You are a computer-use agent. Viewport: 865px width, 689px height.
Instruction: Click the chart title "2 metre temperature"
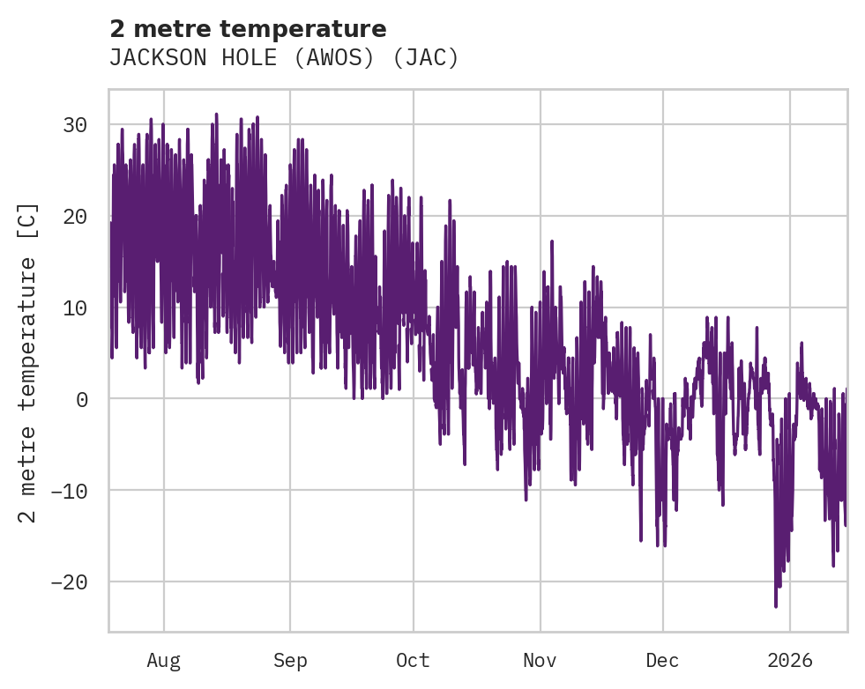(x=248, y=29)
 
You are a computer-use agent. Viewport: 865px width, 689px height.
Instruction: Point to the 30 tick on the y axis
(x=75, y=125)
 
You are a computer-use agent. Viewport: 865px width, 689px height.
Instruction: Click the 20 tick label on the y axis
(x=75, y=217)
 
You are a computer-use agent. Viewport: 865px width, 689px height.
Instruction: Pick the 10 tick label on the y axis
(x=75, y=307)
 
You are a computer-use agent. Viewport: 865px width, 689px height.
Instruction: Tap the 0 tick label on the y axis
(x=81, y=399)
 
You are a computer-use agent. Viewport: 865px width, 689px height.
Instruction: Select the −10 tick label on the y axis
(x=69, y=491)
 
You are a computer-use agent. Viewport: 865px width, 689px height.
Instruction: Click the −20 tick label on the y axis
(x=69, y=582)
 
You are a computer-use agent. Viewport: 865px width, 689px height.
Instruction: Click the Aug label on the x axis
(x=163, y=660)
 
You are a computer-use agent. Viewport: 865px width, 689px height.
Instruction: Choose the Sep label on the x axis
(x=289, y=660)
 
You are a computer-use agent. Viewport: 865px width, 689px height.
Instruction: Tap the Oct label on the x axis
(x=413, y=660)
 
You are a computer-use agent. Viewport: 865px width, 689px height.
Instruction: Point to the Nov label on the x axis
(x=540, y=660)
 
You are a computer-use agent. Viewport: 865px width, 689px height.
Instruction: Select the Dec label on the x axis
(x=662, y=660)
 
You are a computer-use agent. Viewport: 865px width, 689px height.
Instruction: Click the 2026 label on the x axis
(x=790, y=660)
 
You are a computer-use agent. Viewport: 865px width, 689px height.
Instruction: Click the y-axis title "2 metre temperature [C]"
(x=28, y=362)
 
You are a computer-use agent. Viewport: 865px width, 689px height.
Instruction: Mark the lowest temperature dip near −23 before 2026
(x=776, y=605)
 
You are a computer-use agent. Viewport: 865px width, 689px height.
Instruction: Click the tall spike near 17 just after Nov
(x=552, y=241)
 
